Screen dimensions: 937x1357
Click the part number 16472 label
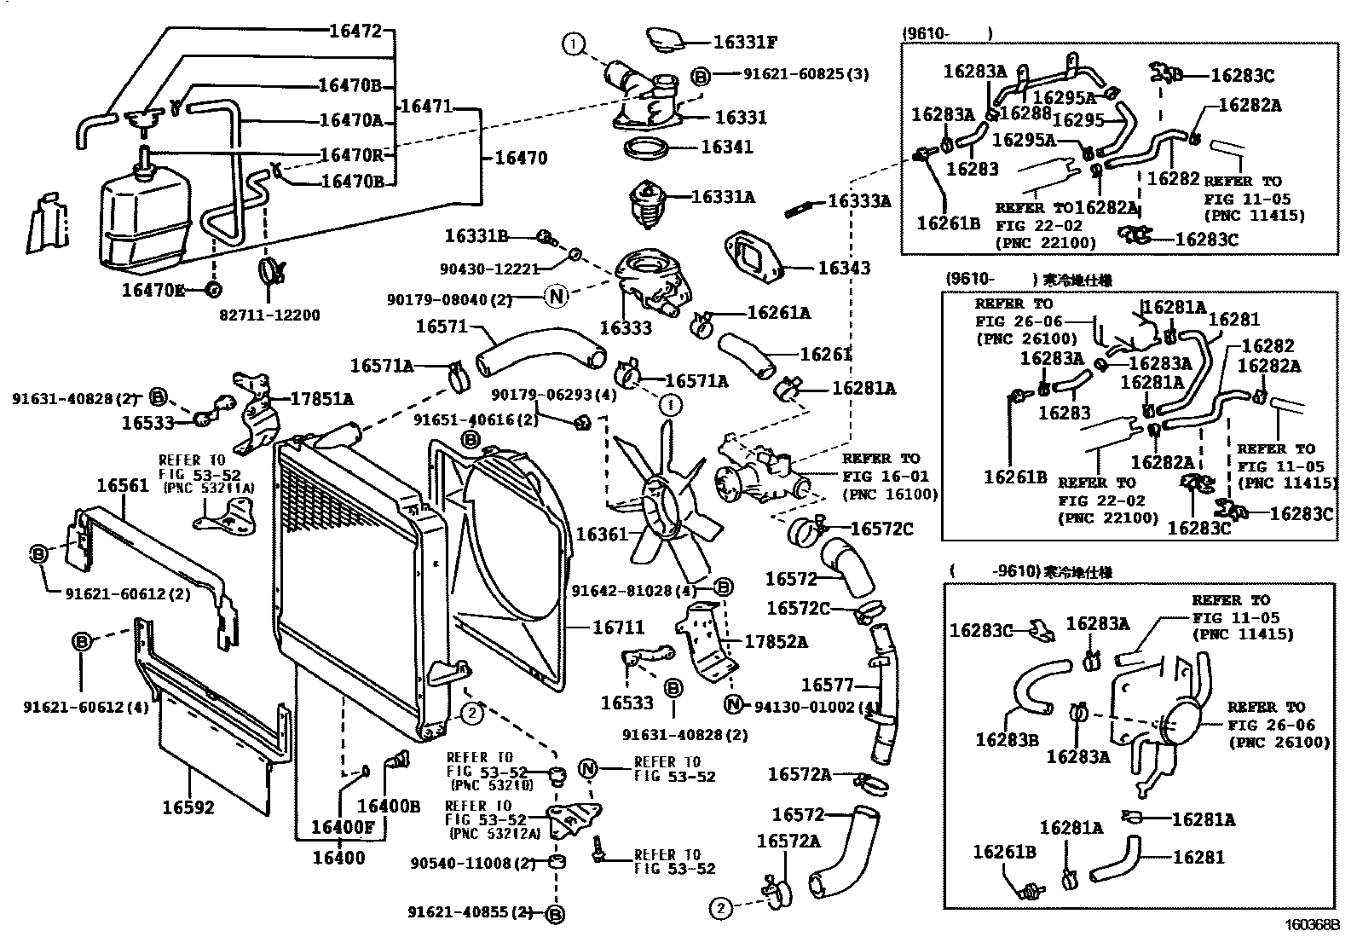pyautogui.click(x=355, y=32)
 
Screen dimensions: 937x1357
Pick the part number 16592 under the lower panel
pyautogui.click(x=189, y=807)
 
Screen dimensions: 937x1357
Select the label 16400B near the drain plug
pyautogui.click(x=389, y=806)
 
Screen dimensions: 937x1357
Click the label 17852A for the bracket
pyautogui.click(x=776, y=641)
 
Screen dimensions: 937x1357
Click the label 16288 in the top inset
pyautogui.click(x=1025, y=112)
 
